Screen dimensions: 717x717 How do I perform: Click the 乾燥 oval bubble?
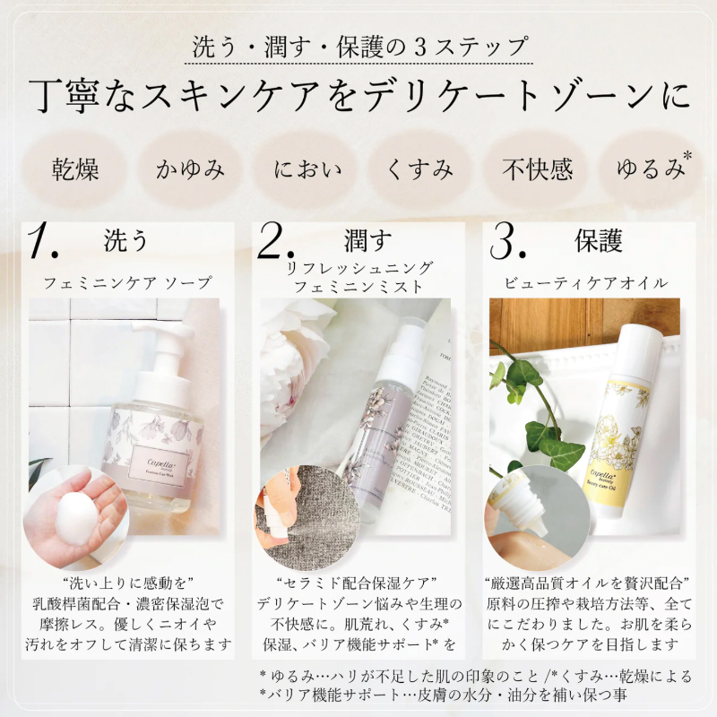click(75, 168)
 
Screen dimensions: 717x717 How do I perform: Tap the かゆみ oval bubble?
click(189, 168)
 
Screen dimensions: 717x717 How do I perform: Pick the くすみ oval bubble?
click(420, 168)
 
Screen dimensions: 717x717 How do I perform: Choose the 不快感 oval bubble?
click(536, 168)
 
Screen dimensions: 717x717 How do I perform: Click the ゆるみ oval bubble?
click(648, 168)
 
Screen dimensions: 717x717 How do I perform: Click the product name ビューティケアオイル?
click(592, 282)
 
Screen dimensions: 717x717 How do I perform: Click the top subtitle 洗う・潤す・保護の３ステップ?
click(358, 47)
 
